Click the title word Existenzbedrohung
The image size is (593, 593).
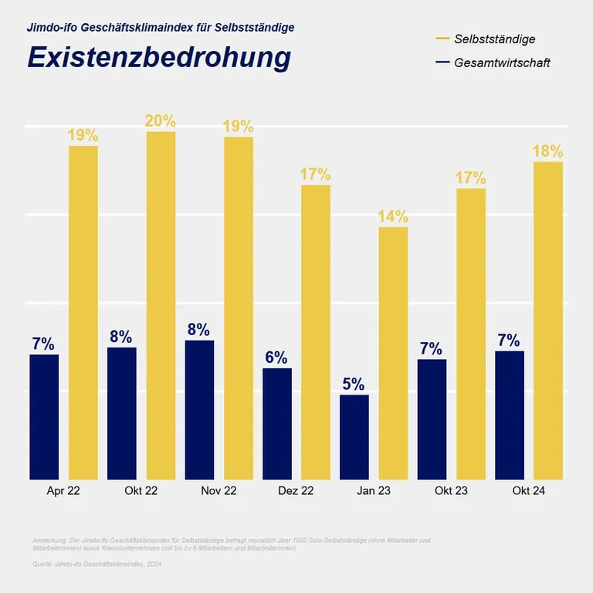coord(159,58)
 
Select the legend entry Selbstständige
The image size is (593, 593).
coord(495,39)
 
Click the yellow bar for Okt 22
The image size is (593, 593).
coord(161,305)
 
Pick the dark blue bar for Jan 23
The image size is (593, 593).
coord(354,437)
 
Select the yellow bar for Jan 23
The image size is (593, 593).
coord(393,353)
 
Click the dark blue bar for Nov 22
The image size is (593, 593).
coord(199,409)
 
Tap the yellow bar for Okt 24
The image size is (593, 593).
coord(547,320)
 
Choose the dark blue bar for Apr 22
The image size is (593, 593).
coord(44,417)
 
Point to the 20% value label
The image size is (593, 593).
coord(161,121)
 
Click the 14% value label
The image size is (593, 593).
coord(393,216)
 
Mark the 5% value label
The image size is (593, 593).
coord(354,384)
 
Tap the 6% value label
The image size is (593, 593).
coord(276,357)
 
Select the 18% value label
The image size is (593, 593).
coord(547,151)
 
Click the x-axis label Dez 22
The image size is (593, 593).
coord(296,491)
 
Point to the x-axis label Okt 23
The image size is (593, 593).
coord(451,491)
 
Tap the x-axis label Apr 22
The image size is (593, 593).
coord(63,491)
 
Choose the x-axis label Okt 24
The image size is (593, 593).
coord(529,491)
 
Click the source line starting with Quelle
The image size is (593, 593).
coord(97,564)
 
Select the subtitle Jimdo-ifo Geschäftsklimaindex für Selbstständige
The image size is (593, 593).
coord(161,28)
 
